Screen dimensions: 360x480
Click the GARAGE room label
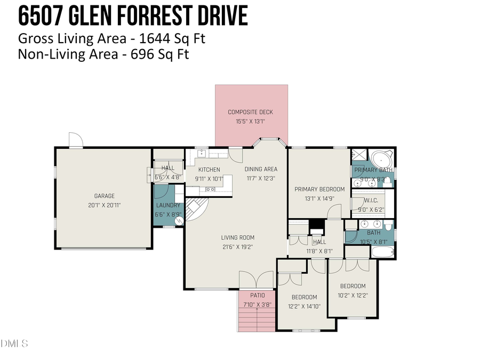105,196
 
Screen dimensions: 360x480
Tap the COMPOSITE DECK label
250,112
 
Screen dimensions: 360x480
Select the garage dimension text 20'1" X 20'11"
105,204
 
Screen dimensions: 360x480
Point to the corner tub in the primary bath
381,159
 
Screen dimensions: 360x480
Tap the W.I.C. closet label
371,201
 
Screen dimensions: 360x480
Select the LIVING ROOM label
238,238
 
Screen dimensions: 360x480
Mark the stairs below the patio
257,320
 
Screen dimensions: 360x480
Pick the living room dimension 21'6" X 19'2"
238,247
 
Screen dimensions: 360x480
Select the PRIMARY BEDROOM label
319,189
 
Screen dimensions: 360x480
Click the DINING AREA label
261,170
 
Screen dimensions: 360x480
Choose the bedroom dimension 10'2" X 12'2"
353,295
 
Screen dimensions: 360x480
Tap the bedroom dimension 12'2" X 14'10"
304,306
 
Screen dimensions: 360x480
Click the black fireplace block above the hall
317,225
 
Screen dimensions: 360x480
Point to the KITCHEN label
209,170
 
